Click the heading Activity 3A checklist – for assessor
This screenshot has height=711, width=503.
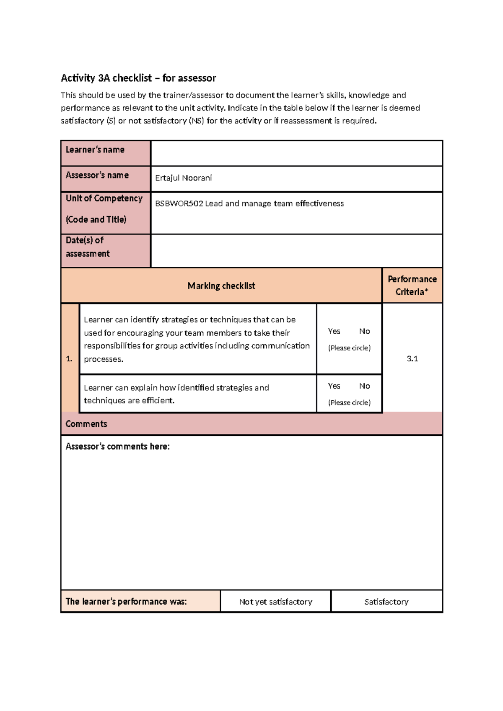point(138,78)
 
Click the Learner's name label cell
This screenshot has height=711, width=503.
point(95,150)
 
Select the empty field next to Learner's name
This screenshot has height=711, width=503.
point(296,153)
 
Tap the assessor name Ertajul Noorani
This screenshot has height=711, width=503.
point(184,178)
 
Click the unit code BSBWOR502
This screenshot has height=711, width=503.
point(179,204)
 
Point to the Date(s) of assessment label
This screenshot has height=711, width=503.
point(88,247)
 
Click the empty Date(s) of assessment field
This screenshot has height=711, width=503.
point(296,251)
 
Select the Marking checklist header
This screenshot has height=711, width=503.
point(221,286)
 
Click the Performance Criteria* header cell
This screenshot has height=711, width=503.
point(412,285)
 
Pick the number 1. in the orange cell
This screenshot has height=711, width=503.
point(69,359)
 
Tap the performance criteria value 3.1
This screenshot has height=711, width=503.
point(412,358)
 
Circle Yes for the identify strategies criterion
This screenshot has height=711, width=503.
point(334,331)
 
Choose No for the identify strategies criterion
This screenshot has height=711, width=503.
point(364,331)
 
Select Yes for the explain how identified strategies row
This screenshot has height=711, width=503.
point(334,386)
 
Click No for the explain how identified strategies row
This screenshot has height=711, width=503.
point(364,386)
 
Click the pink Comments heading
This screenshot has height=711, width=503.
point(86,424)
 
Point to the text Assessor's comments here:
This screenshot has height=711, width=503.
point(117,446)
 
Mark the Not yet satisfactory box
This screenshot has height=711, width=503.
point(275,602)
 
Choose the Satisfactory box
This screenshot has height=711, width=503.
point(386,602)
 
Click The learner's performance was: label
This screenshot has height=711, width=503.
point(126,602)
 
